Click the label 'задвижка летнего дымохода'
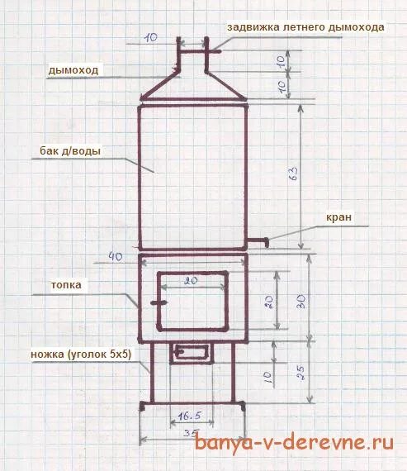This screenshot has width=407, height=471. click(305, 27)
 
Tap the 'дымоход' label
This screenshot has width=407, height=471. click(73, 70)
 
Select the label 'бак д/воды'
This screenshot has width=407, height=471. click(70, 150)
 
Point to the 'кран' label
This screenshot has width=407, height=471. click(338, 217)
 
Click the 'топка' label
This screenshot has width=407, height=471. click(66, 285)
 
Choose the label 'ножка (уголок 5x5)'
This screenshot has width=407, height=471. click(81, 354)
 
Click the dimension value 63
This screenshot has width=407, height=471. click(293, 174)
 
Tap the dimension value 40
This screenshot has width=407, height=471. click(116, 257)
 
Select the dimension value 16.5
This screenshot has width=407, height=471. click(190, 416)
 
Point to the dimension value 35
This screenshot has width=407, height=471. click(191, 433)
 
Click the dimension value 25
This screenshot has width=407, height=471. click(301, 373)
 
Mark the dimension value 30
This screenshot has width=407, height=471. click(301, 302)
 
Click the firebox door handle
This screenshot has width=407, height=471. click(159, 303)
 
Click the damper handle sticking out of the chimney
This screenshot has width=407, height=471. click(215, 52)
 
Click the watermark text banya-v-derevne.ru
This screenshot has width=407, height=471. click(294, 442)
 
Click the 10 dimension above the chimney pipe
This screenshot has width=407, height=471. click(151, 37)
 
